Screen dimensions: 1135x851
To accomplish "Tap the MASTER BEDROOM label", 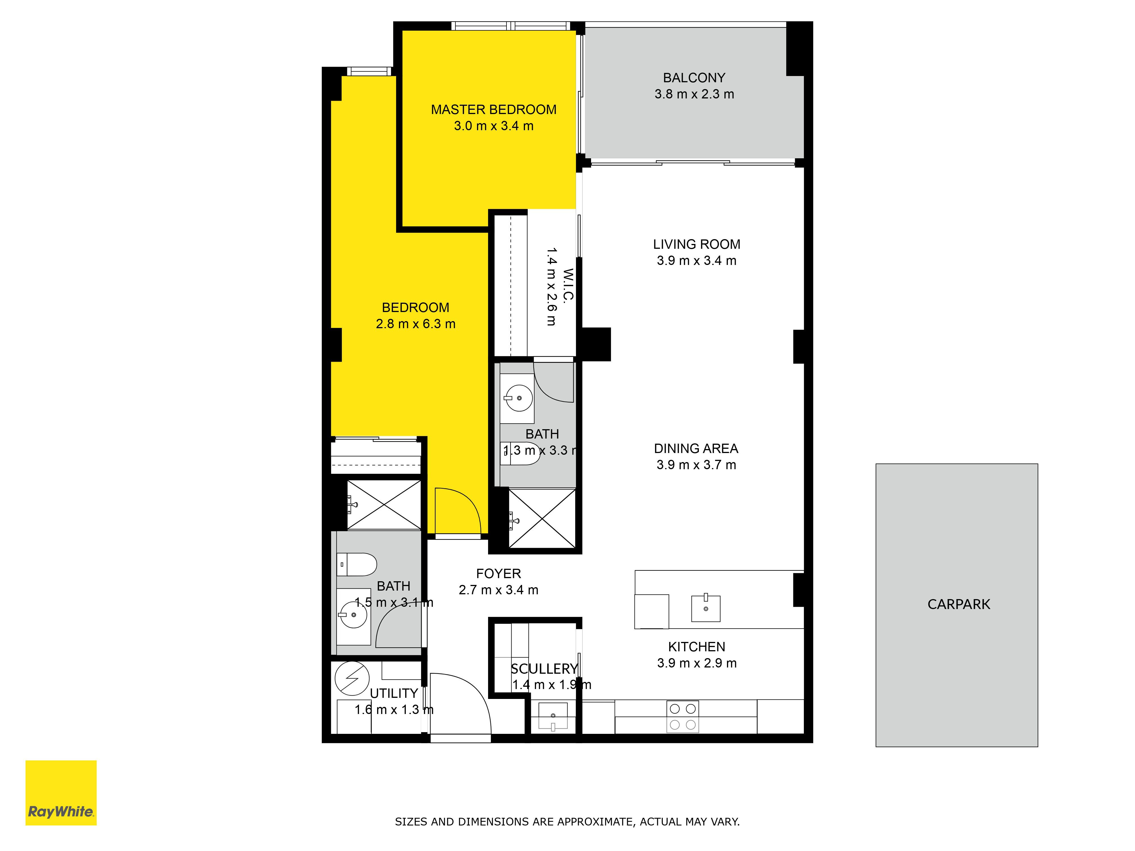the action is pyautogui.click(x=494, y=110).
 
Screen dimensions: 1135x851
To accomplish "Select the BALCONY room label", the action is pyautogui.click(x=694, y=78).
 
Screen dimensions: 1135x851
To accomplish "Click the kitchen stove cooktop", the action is pyautogui.click(x=683, y=717).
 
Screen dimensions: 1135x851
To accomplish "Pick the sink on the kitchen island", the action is pyautogui.click(x=706, y=609).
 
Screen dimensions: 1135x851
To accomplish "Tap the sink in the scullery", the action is pyautogui.click(x=553, y=717).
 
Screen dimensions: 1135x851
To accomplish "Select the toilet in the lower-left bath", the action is pyautogui.click(x=357, y=565).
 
